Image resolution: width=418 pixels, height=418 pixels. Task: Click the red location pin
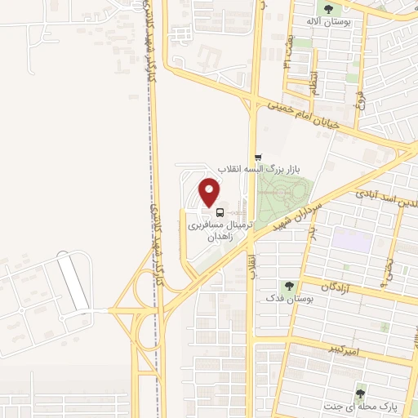(x=210, y=192)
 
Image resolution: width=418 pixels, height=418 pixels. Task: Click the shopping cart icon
(x=258, y=157)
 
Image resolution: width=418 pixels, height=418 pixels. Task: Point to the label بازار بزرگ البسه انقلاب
(x=298, y=167)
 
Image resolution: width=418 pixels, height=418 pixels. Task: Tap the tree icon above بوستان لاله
(x=328, y=10)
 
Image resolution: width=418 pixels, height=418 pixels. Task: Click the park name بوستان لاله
(x=328, y=23)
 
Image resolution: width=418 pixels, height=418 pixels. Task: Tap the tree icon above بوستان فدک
(x=288, y=286)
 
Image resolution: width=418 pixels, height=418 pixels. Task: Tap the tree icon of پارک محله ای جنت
(x=360, y=394)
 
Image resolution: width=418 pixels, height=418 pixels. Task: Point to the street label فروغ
(x=360, y=99)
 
